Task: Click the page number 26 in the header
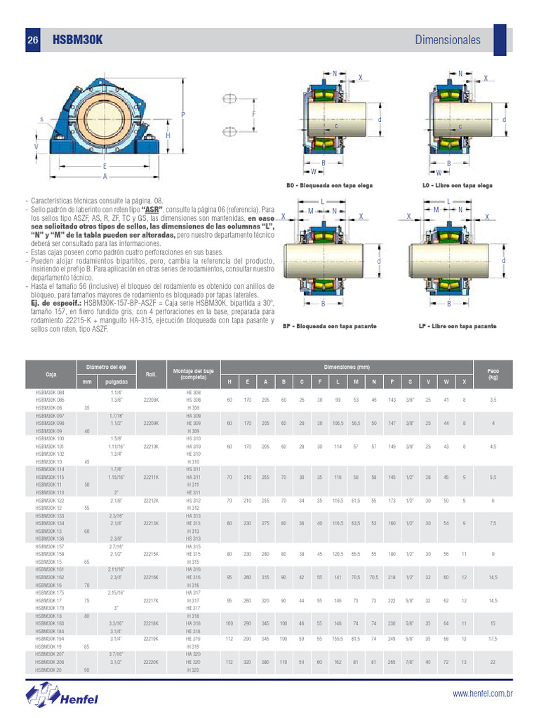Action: pos(32,41)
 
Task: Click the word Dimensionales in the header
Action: pos(448,40)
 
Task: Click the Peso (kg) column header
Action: pos(493,374)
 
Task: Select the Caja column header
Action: pos(51,375)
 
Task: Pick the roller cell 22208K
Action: pos(151,399)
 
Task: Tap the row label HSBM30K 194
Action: pos(49,639)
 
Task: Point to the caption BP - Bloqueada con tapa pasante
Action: pos(329,327)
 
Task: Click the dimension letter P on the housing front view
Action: pos(183,114)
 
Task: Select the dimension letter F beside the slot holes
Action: pos(253,114)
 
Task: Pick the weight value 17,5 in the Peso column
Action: pos(493,639)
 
